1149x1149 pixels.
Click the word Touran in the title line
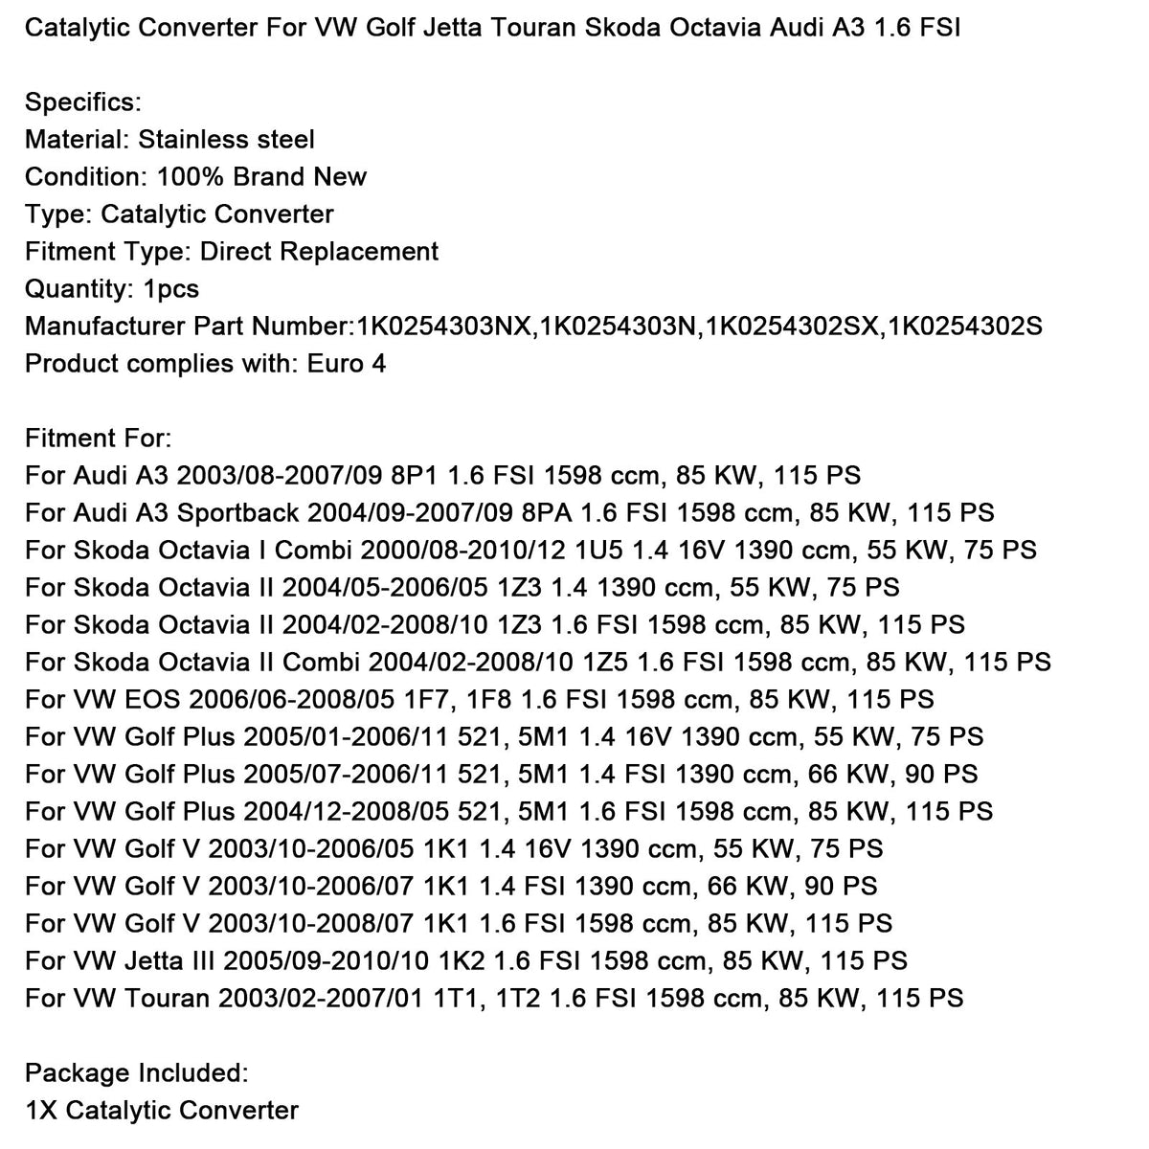tap(510, 27)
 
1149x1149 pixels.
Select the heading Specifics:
tap(83, 101)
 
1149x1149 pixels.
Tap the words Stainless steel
tap(227, 140)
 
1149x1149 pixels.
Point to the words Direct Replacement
tap(320, 252)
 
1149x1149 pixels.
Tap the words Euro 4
tap(347, 364)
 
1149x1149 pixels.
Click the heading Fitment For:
tap(99, 439)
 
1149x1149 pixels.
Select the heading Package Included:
tap(137, 1073)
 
